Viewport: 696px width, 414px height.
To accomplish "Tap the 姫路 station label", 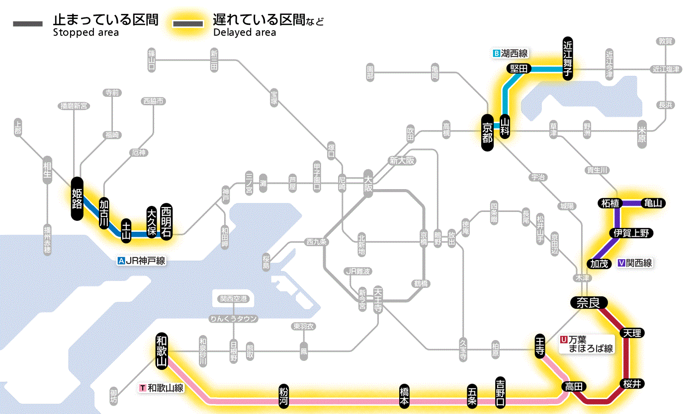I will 77,198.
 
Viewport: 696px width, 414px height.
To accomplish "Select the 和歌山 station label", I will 162,349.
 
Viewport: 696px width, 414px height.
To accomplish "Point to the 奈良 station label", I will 589,302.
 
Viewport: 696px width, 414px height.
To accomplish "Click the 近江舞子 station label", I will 568,58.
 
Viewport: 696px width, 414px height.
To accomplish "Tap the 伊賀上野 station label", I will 631,233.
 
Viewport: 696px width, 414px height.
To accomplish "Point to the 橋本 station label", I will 405,396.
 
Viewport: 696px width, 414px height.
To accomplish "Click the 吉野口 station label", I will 500,391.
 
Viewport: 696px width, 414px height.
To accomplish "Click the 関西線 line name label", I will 639,264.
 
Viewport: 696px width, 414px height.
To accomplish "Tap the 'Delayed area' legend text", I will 244,33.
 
